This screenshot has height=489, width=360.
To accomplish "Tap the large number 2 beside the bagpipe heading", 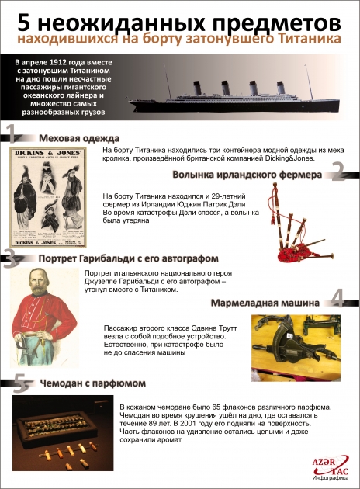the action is pos(337,171).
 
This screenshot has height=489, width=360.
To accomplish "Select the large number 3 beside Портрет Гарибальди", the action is pos(9,258).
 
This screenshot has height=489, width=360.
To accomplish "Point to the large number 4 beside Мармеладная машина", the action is pos(337,297).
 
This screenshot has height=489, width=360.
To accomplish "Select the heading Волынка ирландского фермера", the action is pos(247,175).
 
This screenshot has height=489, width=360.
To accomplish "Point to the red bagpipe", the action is pos(299,232).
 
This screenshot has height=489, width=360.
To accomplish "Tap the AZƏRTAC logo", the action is pos(329,464).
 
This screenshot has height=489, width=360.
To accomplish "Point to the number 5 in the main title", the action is pos(23,16).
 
